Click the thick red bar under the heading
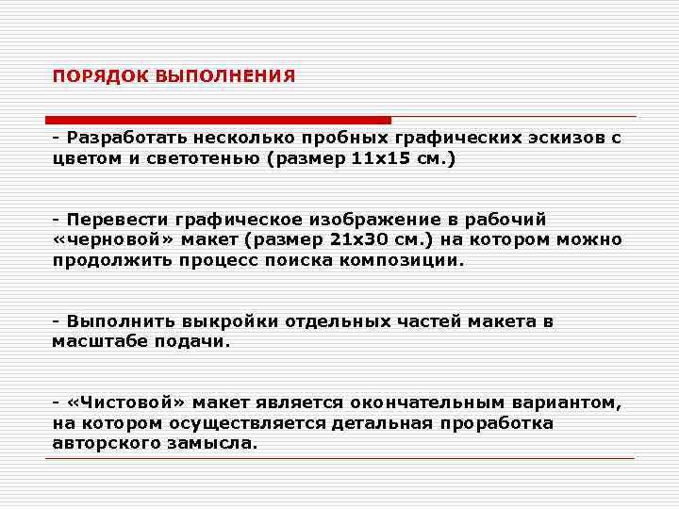(x=218, y=120)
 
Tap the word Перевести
(x=114, y=219)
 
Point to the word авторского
(x=100, y=443)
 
